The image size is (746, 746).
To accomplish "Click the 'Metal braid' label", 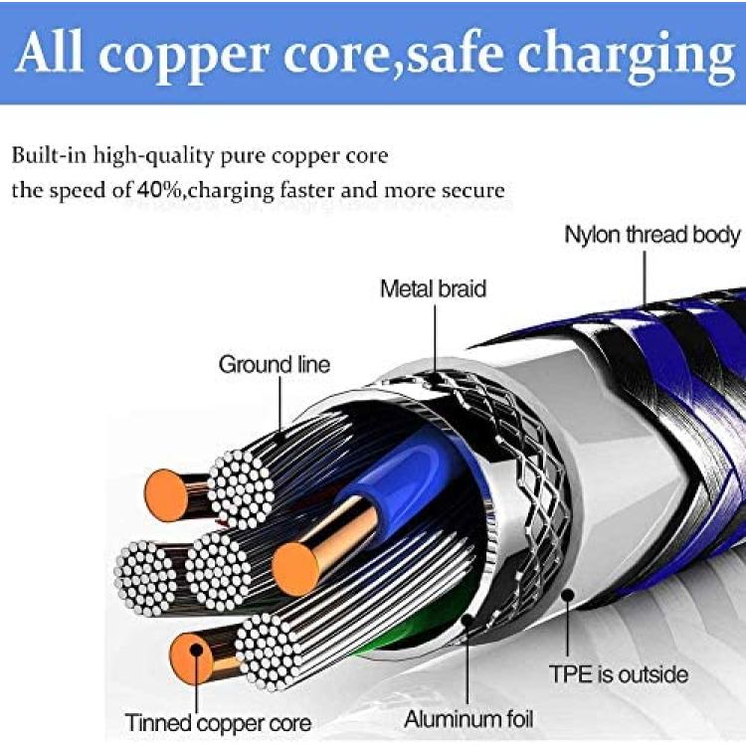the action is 433,288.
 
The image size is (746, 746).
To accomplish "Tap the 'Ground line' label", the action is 275,364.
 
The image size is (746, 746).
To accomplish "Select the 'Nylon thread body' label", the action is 652,235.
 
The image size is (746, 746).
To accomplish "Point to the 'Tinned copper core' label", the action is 218,723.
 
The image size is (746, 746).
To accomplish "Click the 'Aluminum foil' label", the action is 468,719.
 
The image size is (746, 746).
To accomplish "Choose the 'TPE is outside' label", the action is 618,674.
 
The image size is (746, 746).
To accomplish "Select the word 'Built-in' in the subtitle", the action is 49,155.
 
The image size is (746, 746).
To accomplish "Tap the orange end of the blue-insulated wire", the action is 295,569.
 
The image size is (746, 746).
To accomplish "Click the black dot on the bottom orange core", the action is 196,650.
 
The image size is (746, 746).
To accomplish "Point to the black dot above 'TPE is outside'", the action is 567,595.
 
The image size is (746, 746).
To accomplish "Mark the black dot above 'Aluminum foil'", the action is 467,620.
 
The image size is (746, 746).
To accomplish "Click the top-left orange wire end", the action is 166,494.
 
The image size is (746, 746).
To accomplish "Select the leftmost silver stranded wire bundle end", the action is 146,578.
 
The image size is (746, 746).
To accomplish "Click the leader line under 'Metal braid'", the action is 435,338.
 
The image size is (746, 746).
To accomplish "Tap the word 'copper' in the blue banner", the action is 181,60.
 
